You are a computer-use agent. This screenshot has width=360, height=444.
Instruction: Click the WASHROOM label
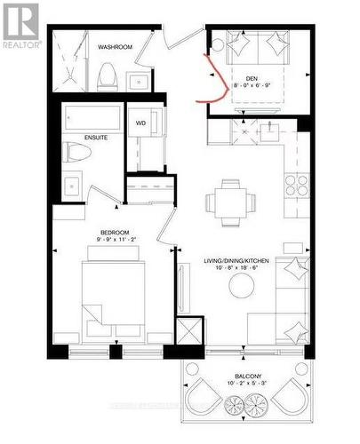(x=115, y=46)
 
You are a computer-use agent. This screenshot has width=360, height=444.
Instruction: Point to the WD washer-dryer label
(x=140, y=123)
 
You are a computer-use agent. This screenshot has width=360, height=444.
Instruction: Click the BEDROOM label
(x=116, y=233)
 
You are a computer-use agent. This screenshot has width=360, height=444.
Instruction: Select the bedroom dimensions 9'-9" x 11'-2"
(x=116, y=241)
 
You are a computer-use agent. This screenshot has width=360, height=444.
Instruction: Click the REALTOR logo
(x=20, y=24)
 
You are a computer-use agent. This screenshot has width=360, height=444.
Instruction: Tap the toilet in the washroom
(x=107, y=77)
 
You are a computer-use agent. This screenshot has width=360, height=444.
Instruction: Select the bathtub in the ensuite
(x=92, y=118)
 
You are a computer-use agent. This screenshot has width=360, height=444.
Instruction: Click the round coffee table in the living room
(x=242, y=285)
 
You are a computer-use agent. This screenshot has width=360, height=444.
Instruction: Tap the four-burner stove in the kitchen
(x=296, y=185)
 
